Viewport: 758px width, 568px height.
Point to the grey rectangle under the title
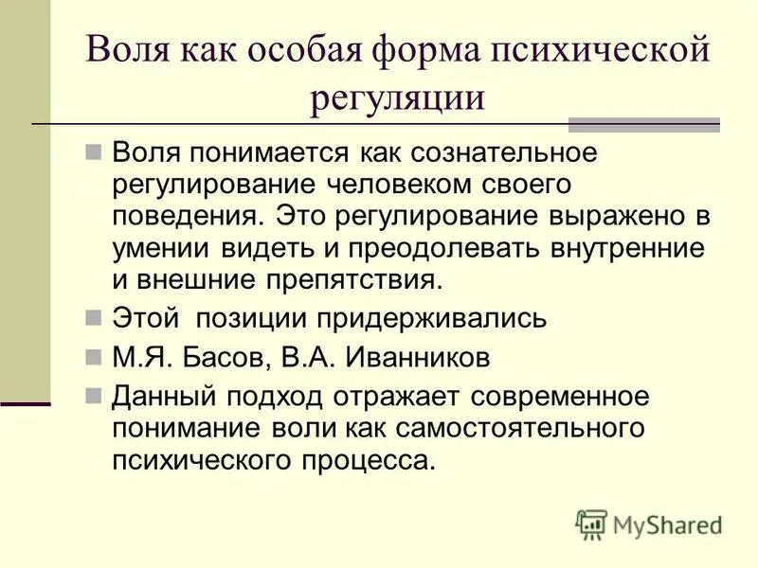pyautogui.click(x=643, y=125)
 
